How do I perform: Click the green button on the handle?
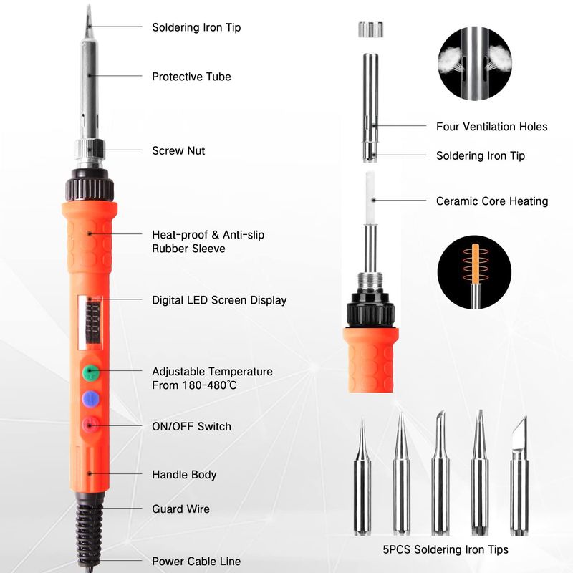pos(90,372)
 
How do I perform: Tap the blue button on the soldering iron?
pos(91,399)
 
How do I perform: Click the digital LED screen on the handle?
pos(90,322)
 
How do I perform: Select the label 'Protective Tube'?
pos(191,77)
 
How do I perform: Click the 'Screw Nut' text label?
pos(178,151)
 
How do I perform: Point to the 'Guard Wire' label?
pos(181,509)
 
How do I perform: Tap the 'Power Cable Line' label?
pos(196,561)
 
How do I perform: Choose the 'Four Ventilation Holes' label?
pos(492,127)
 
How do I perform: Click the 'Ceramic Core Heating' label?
pos(492,201)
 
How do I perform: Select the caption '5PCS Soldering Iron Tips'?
pos(446,549)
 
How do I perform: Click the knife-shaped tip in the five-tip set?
pos(519,475)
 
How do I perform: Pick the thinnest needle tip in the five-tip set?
pos(362,476)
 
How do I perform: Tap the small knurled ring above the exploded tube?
pos(370,29)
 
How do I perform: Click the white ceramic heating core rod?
pos(370,198)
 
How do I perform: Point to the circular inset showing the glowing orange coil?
pos(474,272)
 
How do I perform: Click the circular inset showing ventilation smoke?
pos(474,64)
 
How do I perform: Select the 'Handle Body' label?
pos(184,475)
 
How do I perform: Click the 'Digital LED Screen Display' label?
pos(219,300)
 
